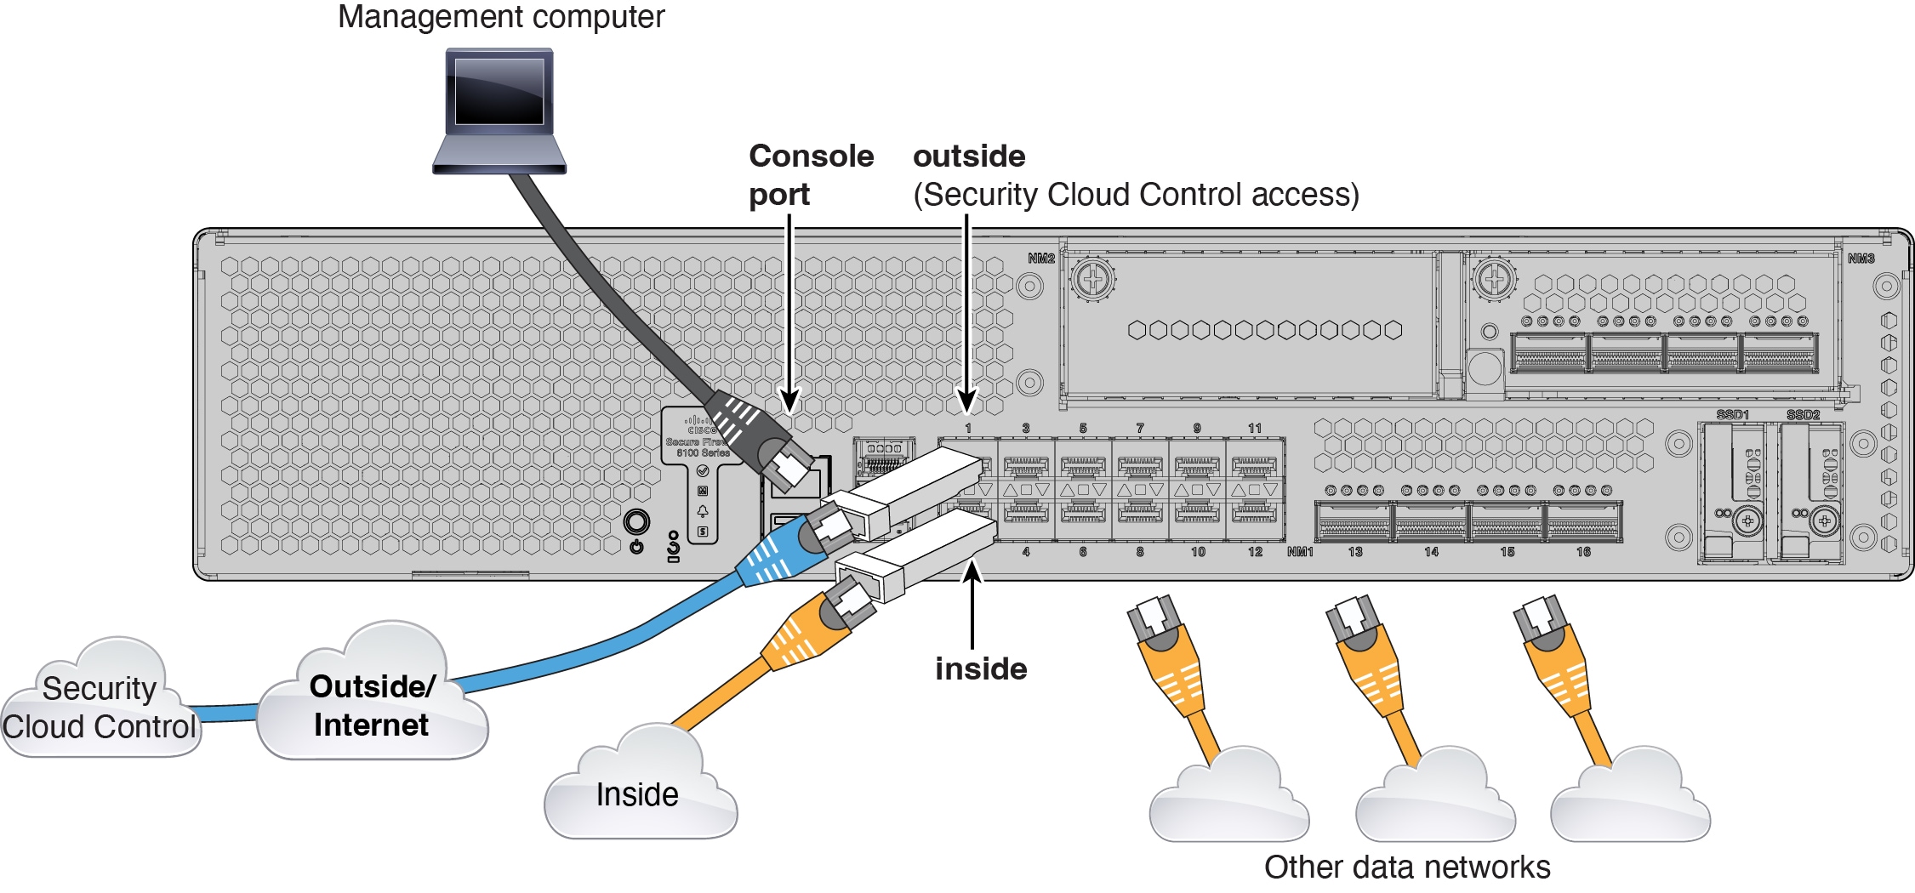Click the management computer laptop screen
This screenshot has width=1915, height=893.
(499, 91)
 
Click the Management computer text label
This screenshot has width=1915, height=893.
(500, 17)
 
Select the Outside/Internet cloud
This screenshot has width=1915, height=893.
(373, 706)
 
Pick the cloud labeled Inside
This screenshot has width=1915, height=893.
(638, 793)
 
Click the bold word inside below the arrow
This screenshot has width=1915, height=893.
(980, 669)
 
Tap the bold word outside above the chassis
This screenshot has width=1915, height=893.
(968, 156)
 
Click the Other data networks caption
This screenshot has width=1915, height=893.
(1406, 867)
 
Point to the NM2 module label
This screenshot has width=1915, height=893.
(1040, 259)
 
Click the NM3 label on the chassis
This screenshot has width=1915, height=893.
(1861, 259)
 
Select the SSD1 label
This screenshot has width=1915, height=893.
(1732, 415)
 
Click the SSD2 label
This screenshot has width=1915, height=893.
(1803, 415)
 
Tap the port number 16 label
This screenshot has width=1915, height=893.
(1582, 552)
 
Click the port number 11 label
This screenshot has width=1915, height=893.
(1254, 429)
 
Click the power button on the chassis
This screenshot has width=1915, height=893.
(636, 522)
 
